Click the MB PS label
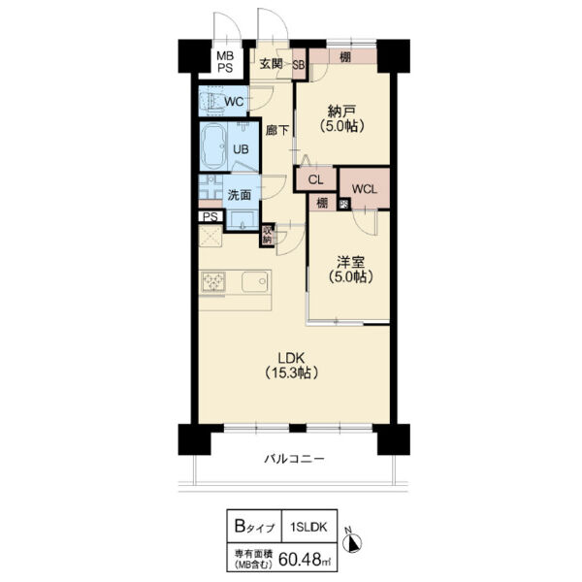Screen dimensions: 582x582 coord(225,62)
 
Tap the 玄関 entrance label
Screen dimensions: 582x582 coord(271,64)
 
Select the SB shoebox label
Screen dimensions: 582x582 coord(299,65)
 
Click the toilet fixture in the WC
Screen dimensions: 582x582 coord(211,101)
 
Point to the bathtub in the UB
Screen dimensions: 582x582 coord(213,145)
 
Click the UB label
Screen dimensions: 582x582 coord(241,149)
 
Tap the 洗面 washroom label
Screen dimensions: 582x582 coord(239,195)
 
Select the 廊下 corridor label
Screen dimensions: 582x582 coord(276,130)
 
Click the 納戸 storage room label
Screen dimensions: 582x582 coord(341,111)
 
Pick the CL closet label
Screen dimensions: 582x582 coord(316,180)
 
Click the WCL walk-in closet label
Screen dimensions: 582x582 coord(365,189)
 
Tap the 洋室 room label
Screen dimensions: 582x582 coord(350,263)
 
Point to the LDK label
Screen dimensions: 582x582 coord(292,358)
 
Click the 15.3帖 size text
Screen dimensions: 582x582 coord(292,372)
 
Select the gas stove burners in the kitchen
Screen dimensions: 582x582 coord(213,281)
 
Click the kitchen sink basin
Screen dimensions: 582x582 coord(255,282)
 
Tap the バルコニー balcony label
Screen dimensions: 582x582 coord(294,459)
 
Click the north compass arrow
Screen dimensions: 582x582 coord(355,543)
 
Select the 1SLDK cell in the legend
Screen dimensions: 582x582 coord(308,527)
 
